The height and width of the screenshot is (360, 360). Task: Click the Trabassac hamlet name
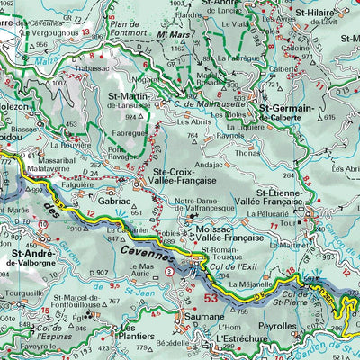(x=94, y=67)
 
